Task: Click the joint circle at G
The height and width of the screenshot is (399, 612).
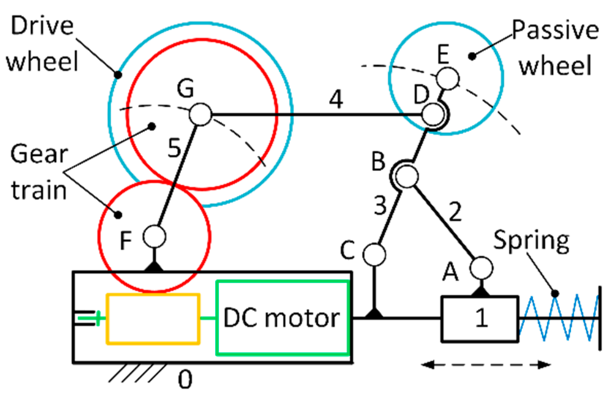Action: point(201,114)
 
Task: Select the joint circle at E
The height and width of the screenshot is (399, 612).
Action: point(448,78)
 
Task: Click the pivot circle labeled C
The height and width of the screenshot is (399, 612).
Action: point(374,254)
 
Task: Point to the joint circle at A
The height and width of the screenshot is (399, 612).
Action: point(481,268)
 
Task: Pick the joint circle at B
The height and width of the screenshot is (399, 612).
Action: point(407,177)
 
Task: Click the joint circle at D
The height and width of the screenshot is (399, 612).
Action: point(433,114)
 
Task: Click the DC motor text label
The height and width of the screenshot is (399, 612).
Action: point(282,318)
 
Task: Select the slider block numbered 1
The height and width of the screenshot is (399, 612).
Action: point(480,318)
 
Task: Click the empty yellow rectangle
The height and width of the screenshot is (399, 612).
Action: point(153,318)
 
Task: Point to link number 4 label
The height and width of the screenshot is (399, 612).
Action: point(336,99)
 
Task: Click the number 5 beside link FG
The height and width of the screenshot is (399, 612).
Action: point(175,148)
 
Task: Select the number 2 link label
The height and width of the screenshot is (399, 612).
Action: point(455,212)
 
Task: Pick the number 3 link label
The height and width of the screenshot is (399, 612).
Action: point(380,205)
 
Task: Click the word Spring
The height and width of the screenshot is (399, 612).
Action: point(531,241)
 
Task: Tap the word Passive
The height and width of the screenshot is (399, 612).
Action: point(555,30)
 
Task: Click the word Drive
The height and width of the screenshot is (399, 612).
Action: point(42,26)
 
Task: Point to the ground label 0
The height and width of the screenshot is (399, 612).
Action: point(185,380)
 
